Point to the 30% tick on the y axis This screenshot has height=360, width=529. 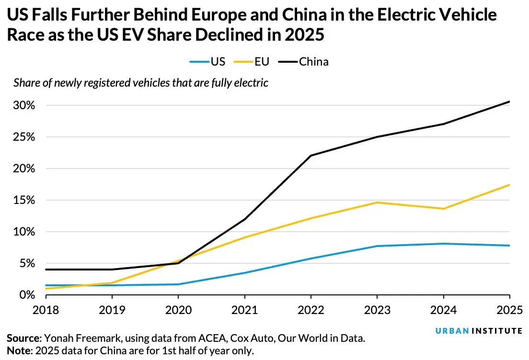point(24,105)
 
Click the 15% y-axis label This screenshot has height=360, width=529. point(24,200)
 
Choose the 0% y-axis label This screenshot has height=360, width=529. point(27,295)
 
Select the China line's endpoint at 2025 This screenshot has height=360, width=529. point(509,101)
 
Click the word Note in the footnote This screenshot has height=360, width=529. point(18,350)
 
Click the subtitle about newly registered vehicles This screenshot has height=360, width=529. point(141,83)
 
